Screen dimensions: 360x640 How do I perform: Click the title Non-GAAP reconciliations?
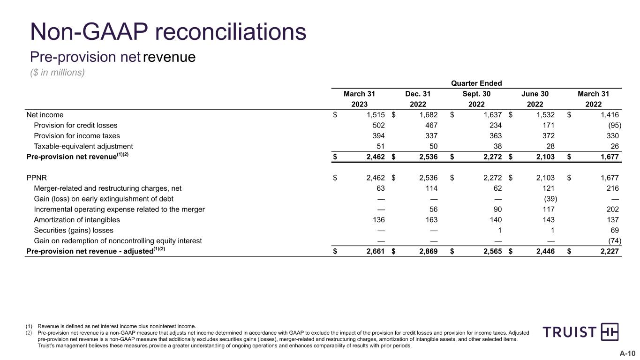pyautogui.click(x=168, y=32)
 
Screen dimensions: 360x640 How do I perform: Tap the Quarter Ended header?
pyautogui.click(x=476, y=83)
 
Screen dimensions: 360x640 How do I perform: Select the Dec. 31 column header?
pyautogui.click(x=418, y=94)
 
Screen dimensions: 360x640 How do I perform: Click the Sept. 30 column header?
pyautogui.click(x=476, y=94)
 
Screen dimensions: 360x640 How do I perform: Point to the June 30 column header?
pyautogui.click(x=535, y=94)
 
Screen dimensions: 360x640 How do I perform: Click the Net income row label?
pyautogui.click(x=45, y=115)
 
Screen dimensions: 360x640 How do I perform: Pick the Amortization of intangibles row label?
pyautogui.click(x=77, y=220)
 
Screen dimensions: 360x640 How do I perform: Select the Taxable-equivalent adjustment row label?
pyautogui.click(x=83, y=146)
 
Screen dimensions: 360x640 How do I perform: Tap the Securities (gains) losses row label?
pyautogui.click(x=74, y=231)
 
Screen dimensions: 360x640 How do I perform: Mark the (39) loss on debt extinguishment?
pyautogui.click(x=548, y=199)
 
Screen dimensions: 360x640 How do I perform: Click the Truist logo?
pyautogui.click(x=580, y=332)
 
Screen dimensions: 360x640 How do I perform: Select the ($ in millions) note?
pyautogui.click(x=57, y=73)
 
